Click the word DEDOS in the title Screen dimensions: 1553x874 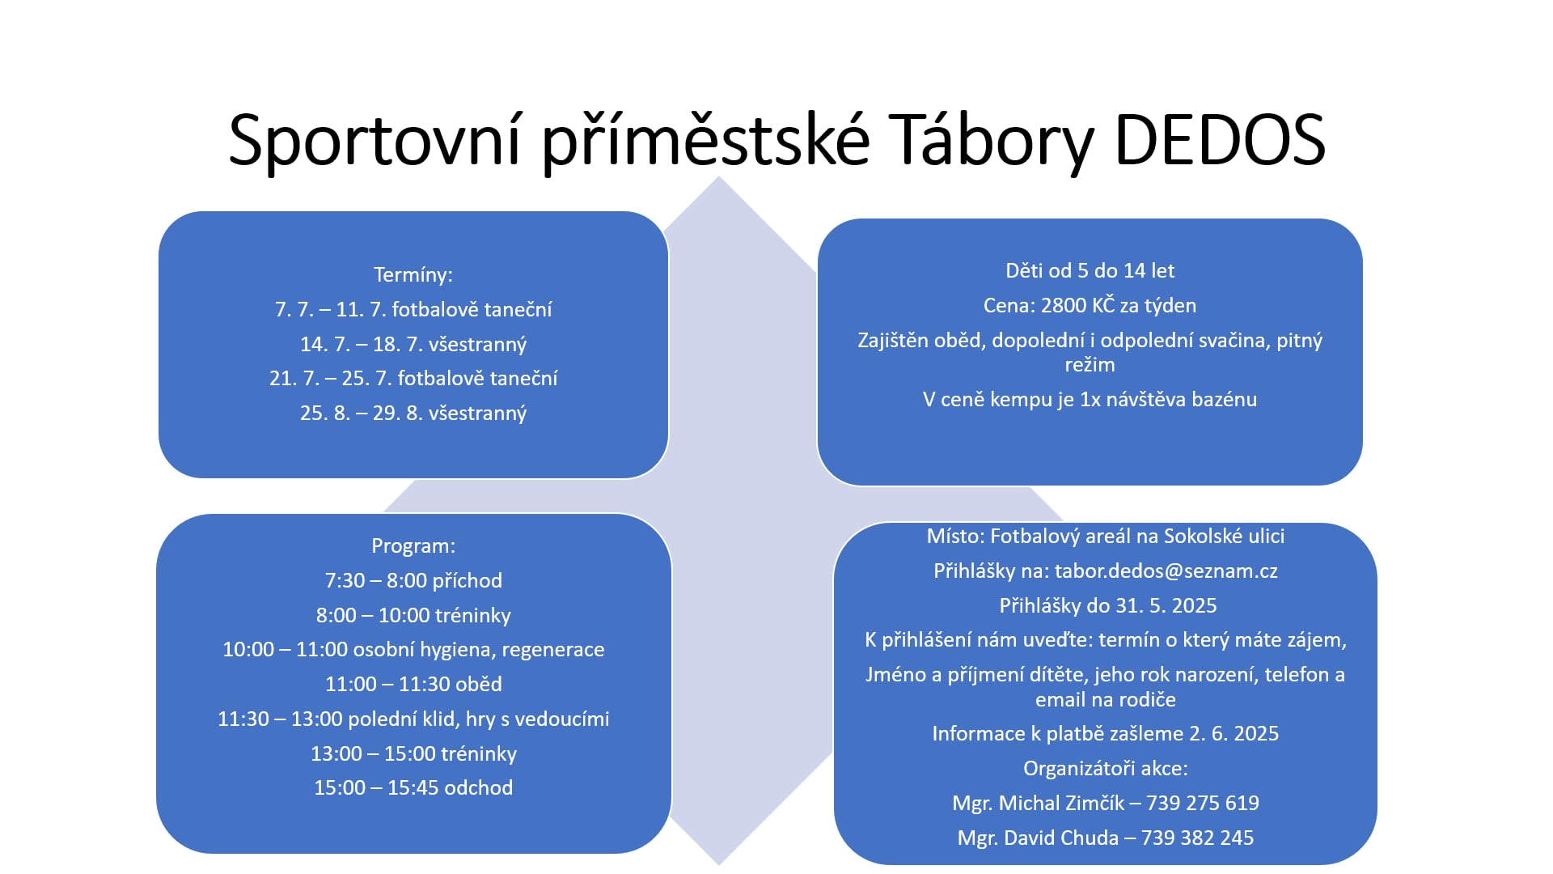coord(1220,139)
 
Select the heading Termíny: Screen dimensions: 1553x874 coord(413,275)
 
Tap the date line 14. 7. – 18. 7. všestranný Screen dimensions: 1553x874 coord(413,344)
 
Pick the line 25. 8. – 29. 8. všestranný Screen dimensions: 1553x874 coord(413,413)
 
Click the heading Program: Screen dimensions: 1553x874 coord(413,546)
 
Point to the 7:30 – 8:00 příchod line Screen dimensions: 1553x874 coord(413,580)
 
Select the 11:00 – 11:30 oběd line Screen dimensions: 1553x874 coord(413,684)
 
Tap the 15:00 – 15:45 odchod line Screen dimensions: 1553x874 coord(413,787)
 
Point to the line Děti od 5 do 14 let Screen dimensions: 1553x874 coord(1090,270)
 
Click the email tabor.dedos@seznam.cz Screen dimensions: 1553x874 coord(1166,571)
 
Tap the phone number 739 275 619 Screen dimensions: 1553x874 coord(1203,803)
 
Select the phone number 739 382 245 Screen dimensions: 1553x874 coord(1197,838)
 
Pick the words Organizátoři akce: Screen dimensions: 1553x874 coord(1106,768)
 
